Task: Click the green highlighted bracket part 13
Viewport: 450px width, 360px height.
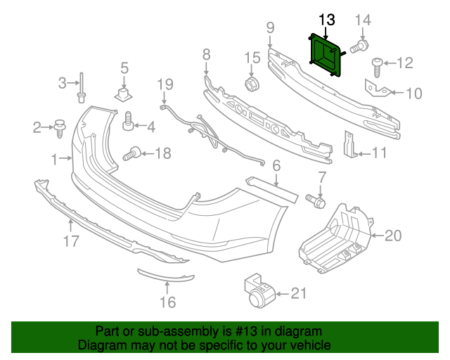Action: pos(325,54)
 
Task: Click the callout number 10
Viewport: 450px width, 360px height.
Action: pos(414,92)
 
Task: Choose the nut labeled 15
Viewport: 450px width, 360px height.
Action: pos(252,84)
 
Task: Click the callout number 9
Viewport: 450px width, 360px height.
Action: pos(269,28)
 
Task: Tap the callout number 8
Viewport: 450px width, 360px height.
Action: pos(206,54)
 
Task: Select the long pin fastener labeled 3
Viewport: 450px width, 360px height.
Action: pos(82,85)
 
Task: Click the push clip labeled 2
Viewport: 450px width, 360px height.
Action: pos(60,127)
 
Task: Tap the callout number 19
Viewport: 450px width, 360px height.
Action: pos(165,86)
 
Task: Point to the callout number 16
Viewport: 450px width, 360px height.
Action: pos(167,303)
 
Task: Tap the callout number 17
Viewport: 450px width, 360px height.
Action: pos(71,243)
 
